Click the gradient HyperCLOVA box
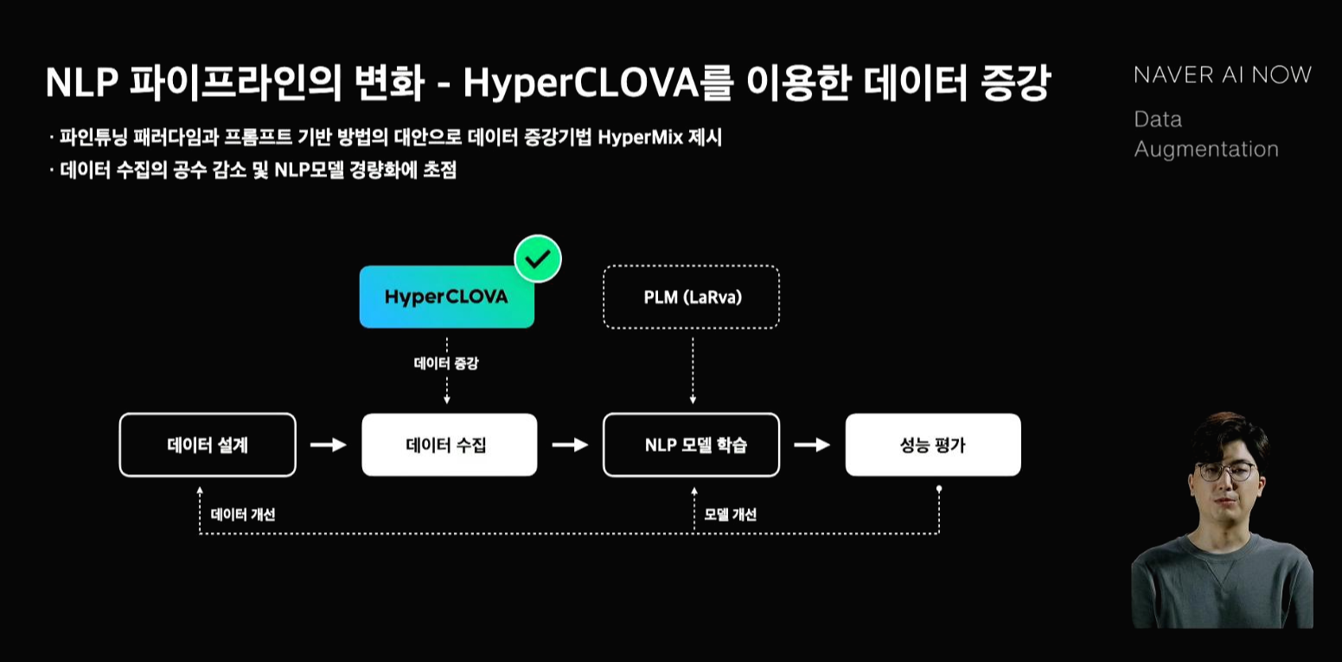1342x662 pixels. point(446,298)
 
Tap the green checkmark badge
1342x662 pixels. point(538,259)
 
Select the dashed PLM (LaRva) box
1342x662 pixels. point(692,298)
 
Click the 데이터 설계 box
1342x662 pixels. point(208,445)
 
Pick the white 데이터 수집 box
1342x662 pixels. point(449,445)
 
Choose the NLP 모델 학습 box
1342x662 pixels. point(691,445)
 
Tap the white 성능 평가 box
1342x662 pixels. point(933,445)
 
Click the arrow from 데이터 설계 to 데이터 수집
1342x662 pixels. point(329,445)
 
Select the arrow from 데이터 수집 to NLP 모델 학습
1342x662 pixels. point(570,445)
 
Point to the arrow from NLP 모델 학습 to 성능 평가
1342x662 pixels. point(812,445)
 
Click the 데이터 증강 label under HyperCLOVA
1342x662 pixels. point(446,363)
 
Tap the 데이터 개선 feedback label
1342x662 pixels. point(243,515)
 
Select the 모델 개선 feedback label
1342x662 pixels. point(730,515)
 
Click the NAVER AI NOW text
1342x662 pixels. point(1222,75)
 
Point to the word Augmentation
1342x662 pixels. point(1205,149)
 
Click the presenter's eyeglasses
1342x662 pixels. point(1224,472)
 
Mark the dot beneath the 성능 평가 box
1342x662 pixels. point(939,489)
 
